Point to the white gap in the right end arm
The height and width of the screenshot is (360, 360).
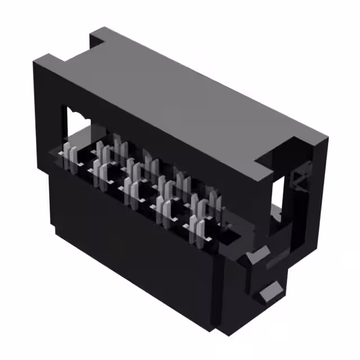[x=278, y=202]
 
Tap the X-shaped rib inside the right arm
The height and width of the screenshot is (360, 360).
[x=298, y=183]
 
